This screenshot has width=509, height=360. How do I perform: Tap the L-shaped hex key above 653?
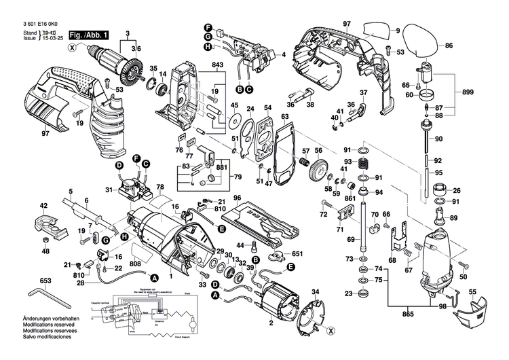45,294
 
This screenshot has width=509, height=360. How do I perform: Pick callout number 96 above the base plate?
237,198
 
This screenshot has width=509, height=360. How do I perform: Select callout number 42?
43,205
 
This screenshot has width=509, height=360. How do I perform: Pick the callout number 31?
108,190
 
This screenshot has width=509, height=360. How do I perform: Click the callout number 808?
136,264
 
